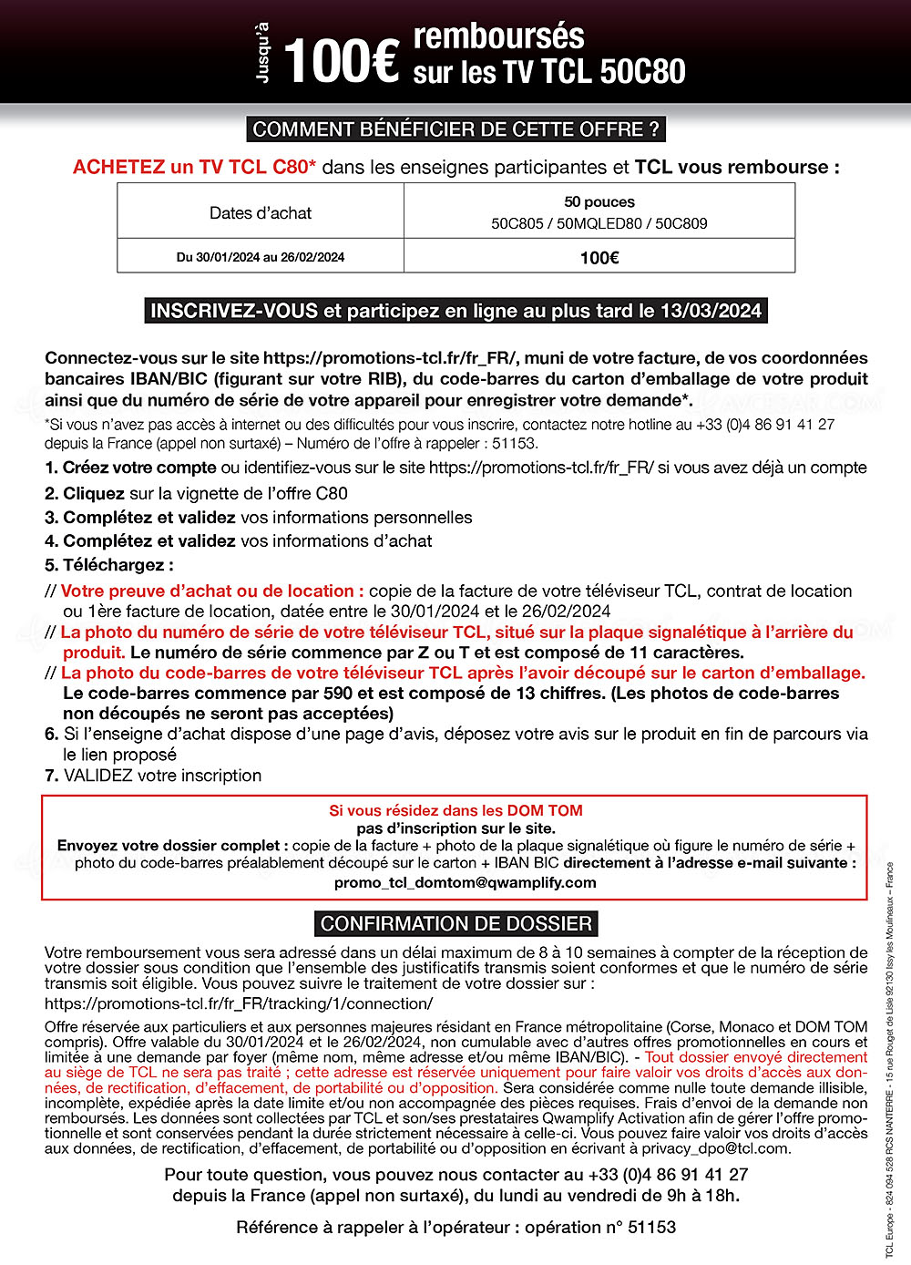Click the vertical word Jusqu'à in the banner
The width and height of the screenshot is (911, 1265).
coord(264,53)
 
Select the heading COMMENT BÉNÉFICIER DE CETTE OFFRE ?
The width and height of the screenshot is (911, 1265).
coord(455,129)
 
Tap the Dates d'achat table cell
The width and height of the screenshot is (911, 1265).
coord(261,212)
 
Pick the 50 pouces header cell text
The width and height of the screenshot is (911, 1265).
coord(599,201)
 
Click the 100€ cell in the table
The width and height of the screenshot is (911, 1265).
coord(599,258)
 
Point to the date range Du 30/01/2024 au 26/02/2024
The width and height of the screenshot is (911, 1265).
coord(261,257)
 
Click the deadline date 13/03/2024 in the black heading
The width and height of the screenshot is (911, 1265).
coord(711,311)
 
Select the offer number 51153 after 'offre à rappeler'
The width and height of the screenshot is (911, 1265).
coord(515,444)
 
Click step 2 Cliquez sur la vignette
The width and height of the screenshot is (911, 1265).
coord(196,493)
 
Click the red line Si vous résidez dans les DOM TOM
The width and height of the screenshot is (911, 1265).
coord(455,810)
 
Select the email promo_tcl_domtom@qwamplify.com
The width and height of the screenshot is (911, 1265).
coord(465,882)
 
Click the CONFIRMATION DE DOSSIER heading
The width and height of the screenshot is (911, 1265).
coord(455,923)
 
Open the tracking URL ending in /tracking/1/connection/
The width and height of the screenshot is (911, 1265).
coord(239,1003)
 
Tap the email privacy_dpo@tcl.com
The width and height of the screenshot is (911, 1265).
coord(715,1148)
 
